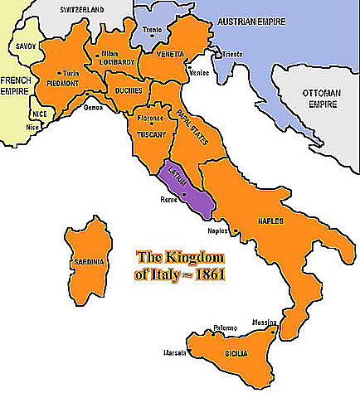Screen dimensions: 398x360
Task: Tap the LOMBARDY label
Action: coord(114,62)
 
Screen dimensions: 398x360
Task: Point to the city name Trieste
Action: coord(231,54)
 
